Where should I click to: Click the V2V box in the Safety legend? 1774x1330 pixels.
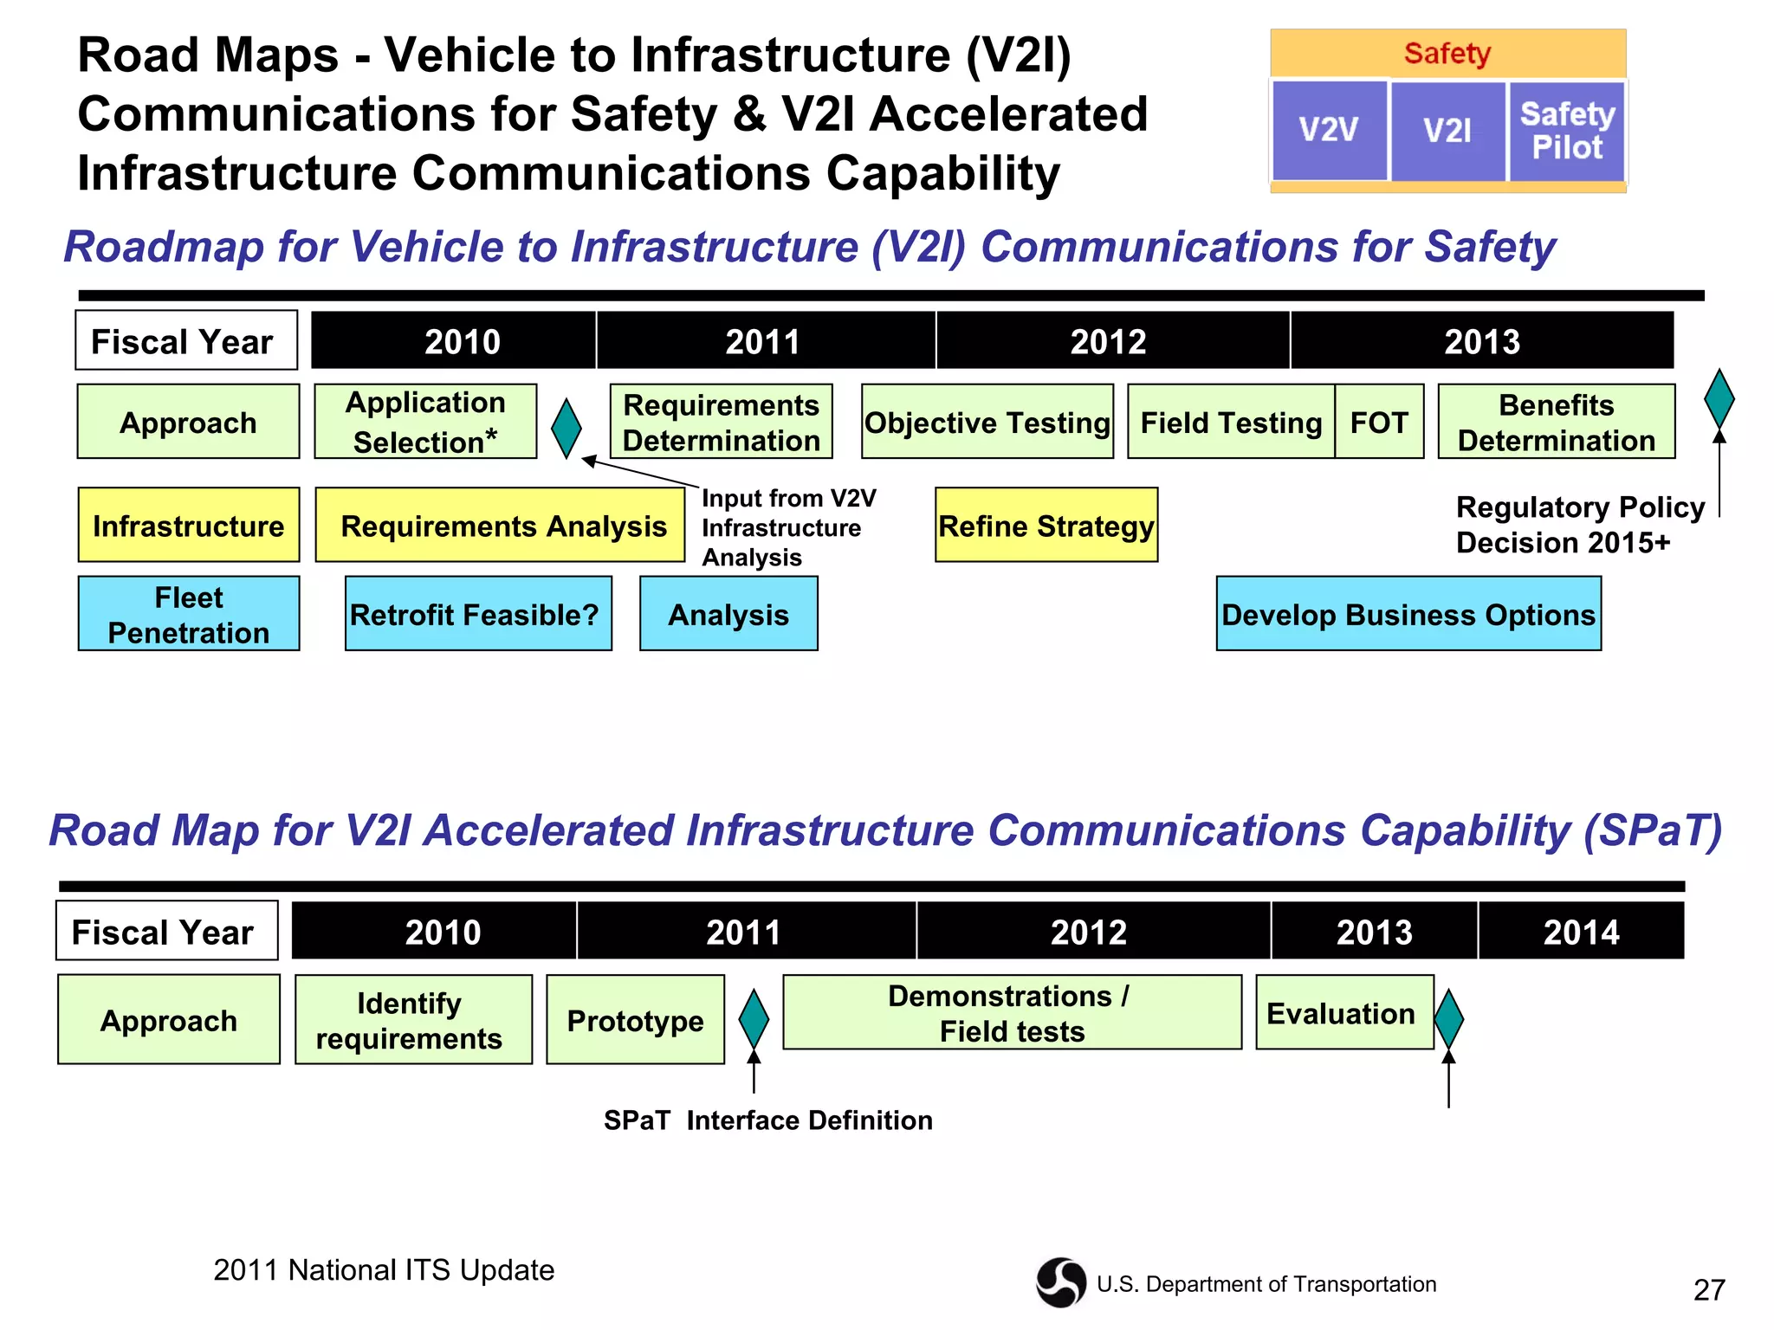(x=1329, y=131)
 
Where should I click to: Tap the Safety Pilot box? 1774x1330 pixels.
(x=1567, y=131)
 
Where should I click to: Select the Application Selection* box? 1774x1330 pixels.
(x=425, y=422)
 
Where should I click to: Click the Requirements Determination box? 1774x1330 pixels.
(x=721, y=422)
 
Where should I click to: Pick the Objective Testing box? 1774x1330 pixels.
(x=987, y=422)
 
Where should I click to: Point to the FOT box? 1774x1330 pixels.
(x=1379, y=422)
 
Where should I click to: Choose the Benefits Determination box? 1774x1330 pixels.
(x=1556, y=422)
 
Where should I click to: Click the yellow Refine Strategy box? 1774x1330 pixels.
(x=1046, y=525)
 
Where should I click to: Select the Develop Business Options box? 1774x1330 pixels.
(x=1408, y=614)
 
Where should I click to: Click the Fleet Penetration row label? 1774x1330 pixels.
(x=189, y=614)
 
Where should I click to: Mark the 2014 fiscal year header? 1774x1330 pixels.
(x=1581, y=932)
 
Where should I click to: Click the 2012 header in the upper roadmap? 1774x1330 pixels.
(x=1108, y=341)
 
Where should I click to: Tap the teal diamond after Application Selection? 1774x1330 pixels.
(x=567, y=428)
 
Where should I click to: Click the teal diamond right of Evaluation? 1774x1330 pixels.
(x=1448, y=1019)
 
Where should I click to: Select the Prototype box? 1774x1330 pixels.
(x=635, y=1020)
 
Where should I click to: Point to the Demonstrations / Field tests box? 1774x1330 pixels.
(x=1012, y=1013)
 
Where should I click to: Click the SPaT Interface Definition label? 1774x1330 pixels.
(x=767, y=1120)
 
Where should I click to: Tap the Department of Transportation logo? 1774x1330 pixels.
(x=1060, y=1282)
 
